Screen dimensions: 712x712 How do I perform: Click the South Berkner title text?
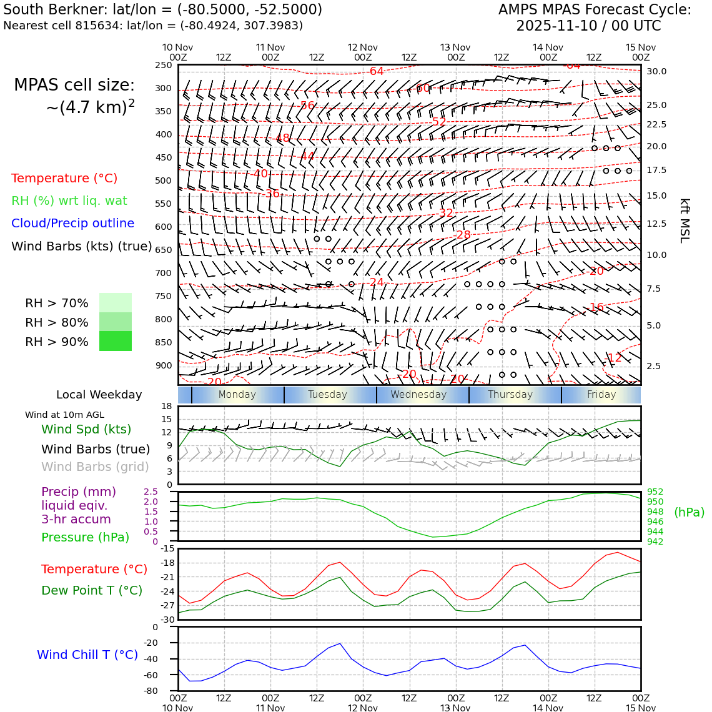[162, 10]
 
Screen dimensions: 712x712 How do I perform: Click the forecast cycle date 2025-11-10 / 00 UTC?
[588, 26]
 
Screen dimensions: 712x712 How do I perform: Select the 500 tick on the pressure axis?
[163, 180]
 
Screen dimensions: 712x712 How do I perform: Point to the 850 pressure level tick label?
[163, 342]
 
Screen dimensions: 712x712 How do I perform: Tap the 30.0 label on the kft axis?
[656, 71]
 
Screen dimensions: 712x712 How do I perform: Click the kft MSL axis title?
[685, 220]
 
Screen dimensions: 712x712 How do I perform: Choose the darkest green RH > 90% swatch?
[116, 341]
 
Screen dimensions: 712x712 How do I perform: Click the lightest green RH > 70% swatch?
[116, 303]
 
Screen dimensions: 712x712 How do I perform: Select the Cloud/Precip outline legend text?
[72, 223]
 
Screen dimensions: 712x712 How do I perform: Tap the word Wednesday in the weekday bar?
[418, 395]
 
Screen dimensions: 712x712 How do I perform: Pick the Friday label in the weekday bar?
[601, 395]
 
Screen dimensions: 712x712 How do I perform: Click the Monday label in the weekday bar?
[237, 395]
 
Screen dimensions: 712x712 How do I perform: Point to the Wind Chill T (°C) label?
[87, 655]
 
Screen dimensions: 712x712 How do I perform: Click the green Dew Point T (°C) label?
[92, 590]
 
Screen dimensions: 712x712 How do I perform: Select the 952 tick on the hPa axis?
[655, 492]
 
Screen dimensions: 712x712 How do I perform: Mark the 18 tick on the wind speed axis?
[166, 406]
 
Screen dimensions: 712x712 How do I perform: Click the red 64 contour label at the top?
[377, 71]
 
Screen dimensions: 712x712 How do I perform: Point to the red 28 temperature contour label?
[463, 235]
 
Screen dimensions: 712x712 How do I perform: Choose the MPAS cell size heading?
[74, 85]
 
